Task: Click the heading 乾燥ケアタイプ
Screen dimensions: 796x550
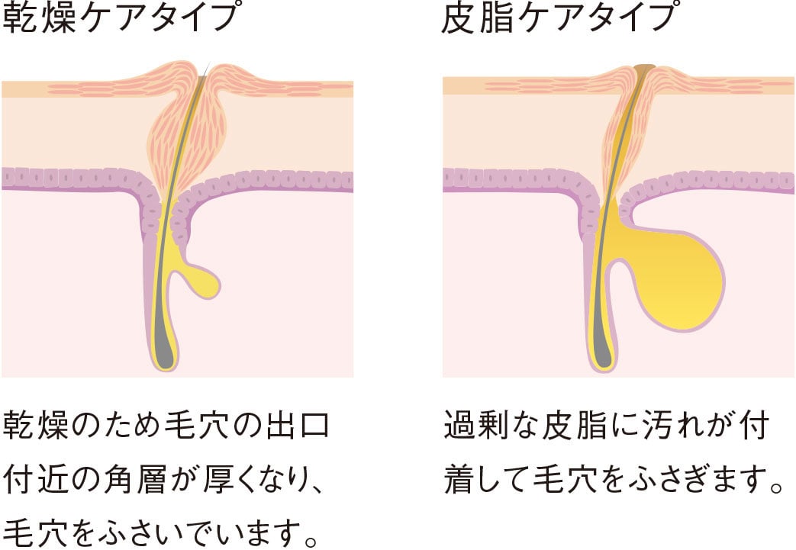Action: pos(120,18)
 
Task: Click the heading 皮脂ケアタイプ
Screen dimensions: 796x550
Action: pos(559,18)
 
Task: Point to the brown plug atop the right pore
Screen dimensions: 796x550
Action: pos(645,67)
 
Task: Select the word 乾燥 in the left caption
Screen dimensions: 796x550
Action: pos(36,425)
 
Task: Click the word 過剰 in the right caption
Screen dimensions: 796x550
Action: pos(476,425)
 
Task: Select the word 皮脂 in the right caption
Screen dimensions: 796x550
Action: pos(574,425)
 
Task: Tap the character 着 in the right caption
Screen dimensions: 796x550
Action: pos(460,480)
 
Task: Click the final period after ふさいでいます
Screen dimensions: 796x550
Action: pos(311,541)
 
